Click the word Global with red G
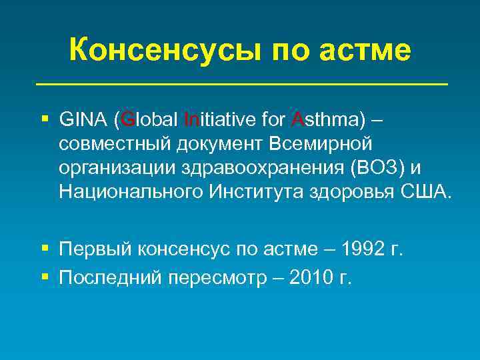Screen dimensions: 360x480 tap(148, 121)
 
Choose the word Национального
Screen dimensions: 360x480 tap(130, 193)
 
